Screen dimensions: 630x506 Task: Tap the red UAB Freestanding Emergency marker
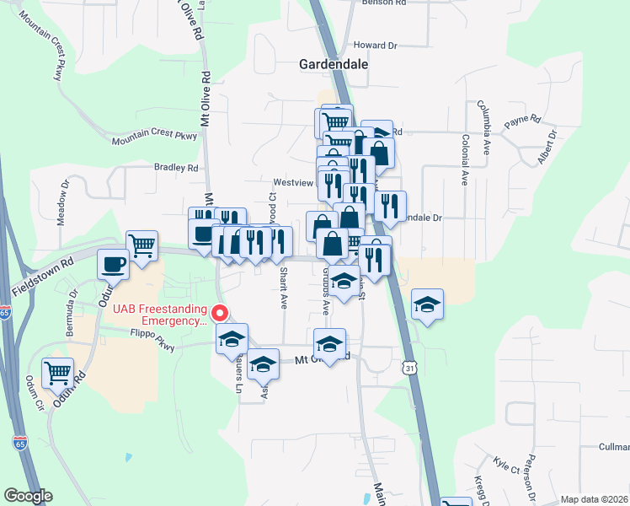coord(220,313)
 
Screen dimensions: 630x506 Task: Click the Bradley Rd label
coord(176,168)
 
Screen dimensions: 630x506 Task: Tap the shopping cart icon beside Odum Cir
coord(57,371)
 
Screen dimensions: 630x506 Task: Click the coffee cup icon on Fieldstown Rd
coord(114,264)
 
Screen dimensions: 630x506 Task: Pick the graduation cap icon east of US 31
coord(427,304)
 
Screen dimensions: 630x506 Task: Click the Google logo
coord(28,496)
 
